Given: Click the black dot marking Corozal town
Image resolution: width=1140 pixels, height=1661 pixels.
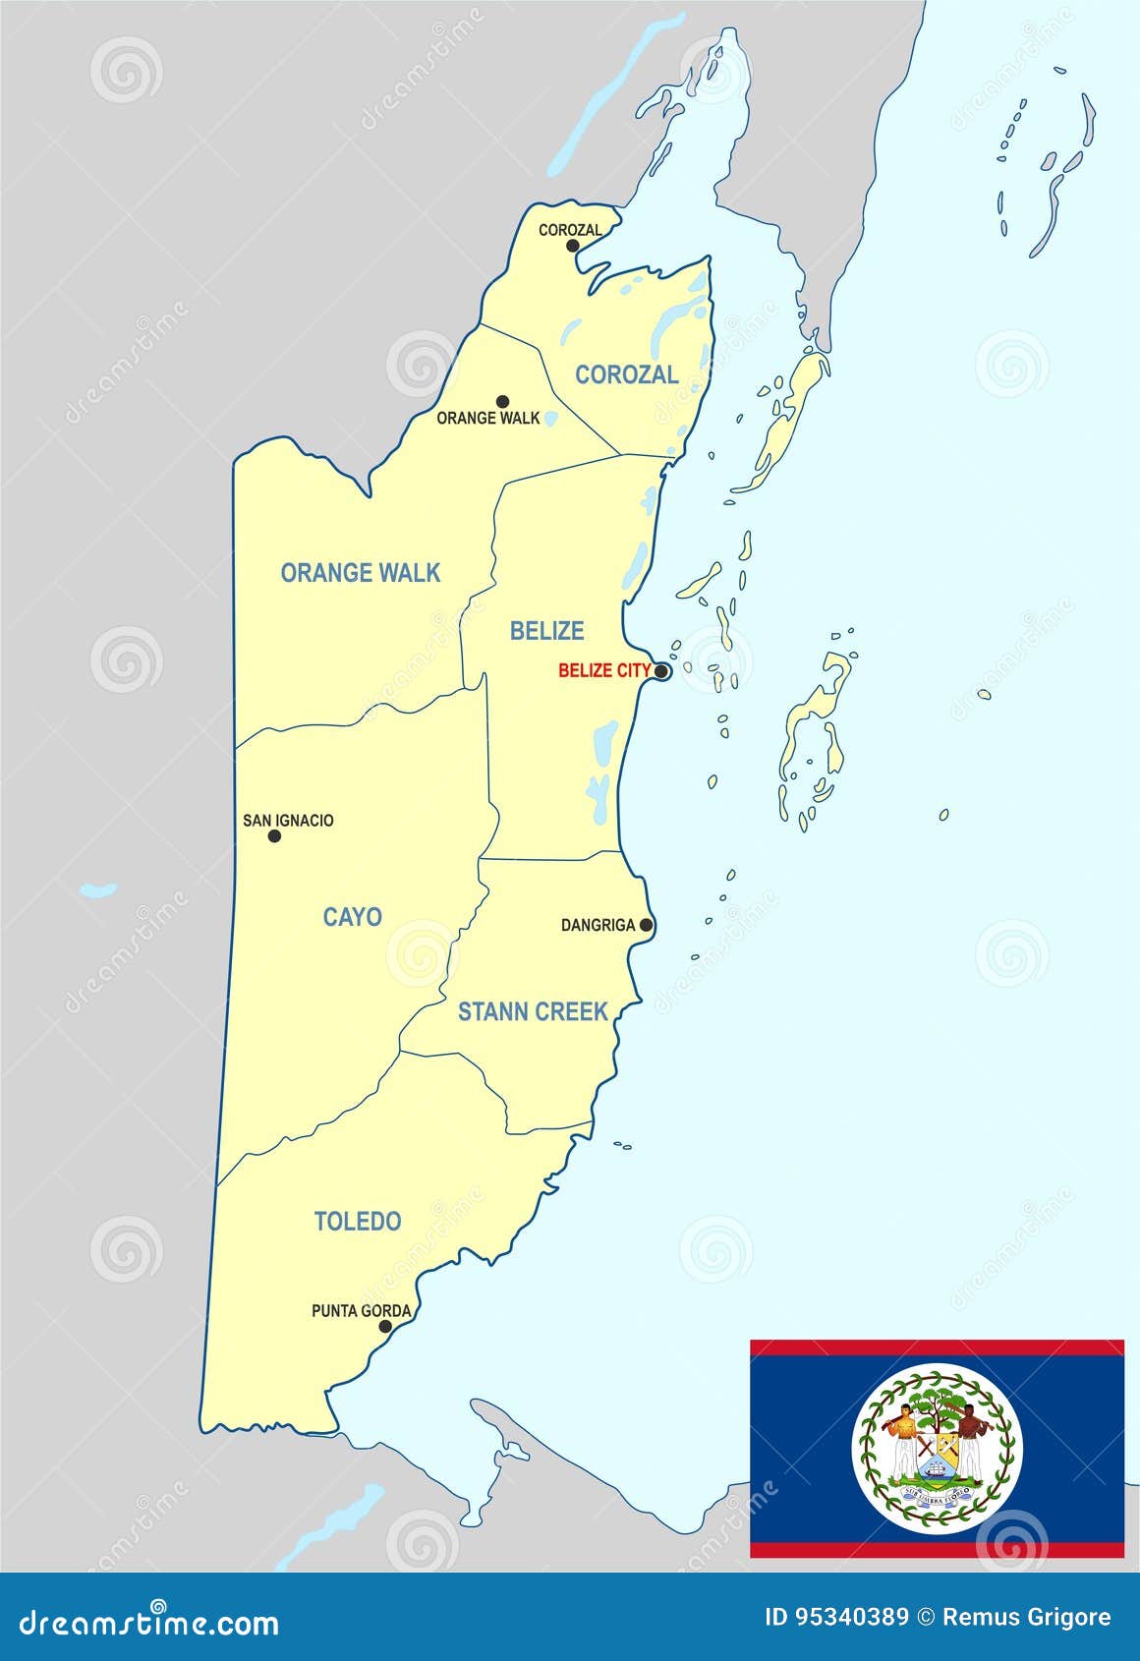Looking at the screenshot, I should click(x=573, y=246).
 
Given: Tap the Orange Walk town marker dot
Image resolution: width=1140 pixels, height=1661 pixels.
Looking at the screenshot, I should click(x=502, y=401).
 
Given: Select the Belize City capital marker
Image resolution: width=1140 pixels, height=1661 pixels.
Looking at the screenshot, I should click(x=662, y=672).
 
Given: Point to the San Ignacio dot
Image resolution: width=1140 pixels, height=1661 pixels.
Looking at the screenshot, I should click(x=274, y=836).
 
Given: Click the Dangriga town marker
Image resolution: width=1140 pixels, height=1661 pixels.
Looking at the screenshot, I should click(x=646, y=925).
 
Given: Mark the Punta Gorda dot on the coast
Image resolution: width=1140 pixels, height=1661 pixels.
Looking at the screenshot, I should click(x=385, y=1326).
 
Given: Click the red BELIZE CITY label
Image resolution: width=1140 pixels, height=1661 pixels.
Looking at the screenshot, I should click(x=604, y=671).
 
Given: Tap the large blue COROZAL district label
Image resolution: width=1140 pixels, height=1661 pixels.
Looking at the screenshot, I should click(x=627, y=374).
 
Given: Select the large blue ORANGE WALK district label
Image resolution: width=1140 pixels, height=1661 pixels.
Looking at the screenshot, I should click(x=361, y=573).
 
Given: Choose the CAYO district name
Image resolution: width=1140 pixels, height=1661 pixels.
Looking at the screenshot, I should click(x=352, y=917).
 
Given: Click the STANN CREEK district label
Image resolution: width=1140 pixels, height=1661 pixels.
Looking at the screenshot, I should click(x=533, y=1011).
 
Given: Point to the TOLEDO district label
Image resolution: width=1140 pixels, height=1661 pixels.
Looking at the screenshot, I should click(x=358, y=1222).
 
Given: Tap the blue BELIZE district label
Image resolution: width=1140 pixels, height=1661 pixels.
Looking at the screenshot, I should click(x=546, y=631).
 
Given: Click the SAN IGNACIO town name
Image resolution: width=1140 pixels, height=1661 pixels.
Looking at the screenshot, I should click(x=288, y=820).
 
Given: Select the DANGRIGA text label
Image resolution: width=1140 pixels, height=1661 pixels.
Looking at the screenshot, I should click(x=598, y=925).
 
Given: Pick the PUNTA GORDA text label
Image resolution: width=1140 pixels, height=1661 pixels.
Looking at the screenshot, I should click(x=361, y=1310).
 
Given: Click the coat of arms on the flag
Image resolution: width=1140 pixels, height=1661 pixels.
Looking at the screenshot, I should click(x=937, y=1450).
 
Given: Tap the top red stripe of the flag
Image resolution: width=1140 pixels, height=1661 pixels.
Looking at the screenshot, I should click(x=937, y=1347).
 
